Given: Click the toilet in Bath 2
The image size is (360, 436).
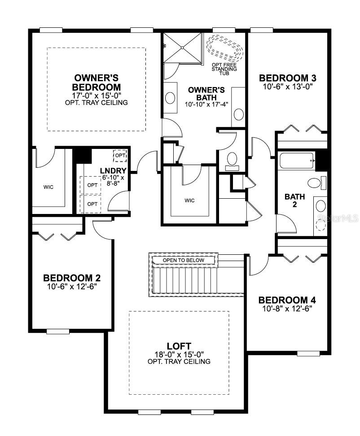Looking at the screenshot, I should pos(315,183).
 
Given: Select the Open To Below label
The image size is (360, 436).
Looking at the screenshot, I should pos(183,260).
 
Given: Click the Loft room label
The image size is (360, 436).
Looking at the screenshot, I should pos(179,346).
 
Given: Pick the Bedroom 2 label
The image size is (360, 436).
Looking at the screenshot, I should pos(71,277).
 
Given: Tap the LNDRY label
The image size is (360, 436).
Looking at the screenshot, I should pos(113,170).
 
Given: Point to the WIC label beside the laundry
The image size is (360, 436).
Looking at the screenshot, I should pos(48,187).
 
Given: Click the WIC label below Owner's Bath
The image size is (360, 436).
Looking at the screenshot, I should pos(190,201).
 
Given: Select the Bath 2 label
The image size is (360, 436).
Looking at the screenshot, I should pos(295,200).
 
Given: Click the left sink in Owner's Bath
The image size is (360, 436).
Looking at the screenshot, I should pos(171,97).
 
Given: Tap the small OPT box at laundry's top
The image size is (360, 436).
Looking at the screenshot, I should pos(120,155).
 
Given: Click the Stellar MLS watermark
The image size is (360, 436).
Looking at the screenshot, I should pos(338,218).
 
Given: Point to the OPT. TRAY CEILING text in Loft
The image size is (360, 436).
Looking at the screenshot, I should pos(179,361).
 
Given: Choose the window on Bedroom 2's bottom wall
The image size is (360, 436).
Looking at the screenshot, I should pos(58,331).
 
